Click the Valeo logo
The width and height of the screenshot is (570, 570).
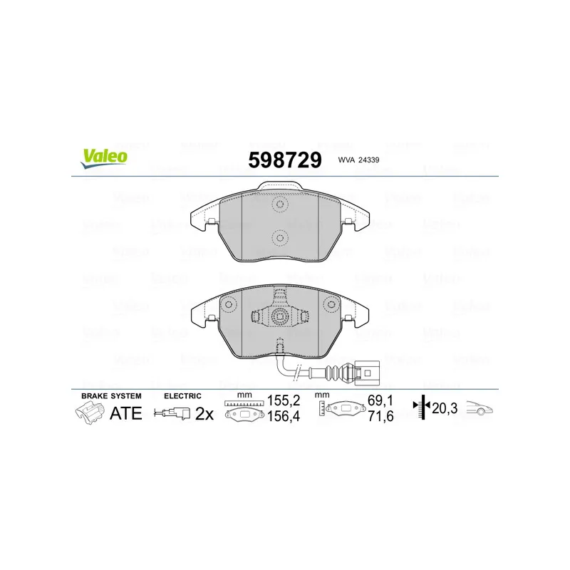(x=104, y=159)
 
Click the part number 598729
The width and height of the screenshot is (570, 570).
(x=285, y=160)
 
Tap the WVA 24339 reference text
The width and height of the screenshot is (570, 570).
(x=358, y=160)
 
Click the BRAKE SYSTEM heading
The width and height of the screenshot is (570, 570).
(x=111, y=396)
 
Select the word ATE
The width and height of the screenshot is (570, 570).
(x=126, y=413)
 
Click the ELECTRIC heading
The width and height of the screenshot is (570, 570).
(x=182, y=396)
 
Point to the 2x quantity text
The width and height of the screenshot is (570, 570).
(x=204, y=414)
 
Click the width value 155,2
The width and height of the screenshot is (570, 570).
(x=284, y=400)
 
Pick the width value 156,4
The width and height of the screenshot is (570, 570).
(x=284, y=416)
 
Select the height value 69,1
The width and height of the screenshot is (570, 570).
(x=380, y=400)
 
